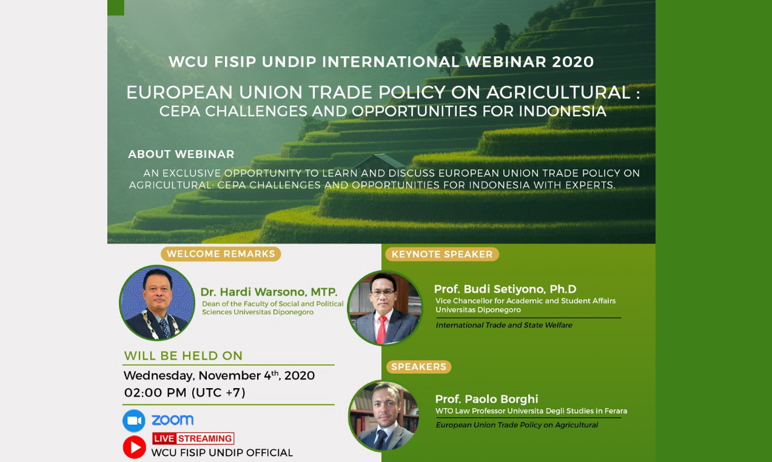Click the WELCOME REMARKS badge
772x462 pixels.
pos(221,254)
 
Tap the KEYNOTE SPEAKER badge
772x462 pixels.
pos(442,254)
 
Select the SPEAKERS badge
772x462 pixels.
pos(418,367)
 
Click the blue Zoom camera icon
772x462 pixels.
pos(134,420)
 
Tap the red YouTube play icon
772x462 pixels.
pos(134,447)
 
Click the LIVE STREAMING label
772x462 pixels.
pos(193,438)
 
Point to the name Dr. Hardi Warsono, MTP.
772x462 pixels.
pos(269,292)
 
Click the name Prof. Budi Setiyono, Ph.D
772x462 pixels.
pos(505,289)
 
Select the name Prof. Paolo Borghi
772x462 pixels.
pos(486,399)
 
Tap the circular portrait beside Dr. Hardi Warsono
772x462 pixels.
pos(158,303)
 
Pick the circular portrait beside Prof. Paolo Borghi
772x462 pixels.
pos(384,416)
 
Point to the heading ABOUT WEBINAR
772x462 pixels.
pos(181,154)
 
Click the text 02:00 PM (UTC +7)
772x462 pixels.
pos(185,392)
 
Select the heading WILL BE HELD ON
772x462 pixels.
pos(183,356)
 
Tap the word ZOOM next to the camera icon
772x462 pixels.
pos(172,420)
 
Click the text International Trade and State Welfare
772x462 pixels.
pos(503,325)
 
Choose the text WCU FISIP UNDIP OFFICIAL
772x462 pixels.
pos(222,452)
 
